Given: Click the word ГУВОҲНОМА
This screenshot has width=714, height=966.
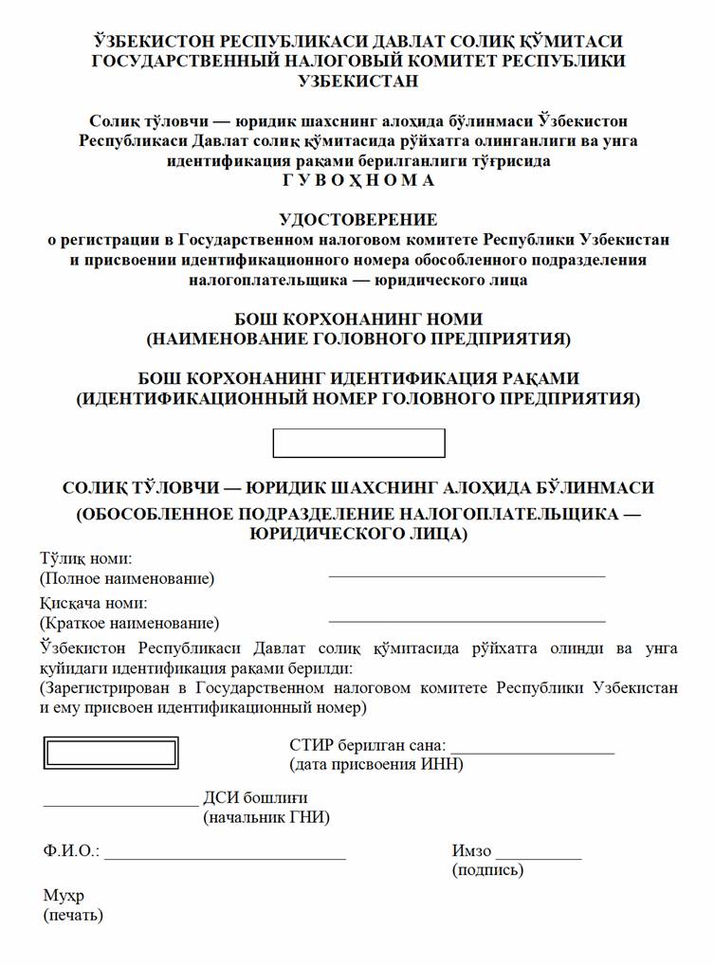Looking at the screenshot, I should (357, 180).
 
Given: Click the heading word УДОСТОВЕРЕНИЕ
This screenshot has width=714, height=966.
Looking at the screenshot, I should (358, 220).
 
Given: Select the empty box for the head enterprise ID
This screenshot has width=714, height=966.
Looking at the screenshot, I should (358, 443).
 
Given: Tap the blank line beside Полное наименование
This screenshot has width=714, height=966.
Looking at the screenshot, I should (467, 574).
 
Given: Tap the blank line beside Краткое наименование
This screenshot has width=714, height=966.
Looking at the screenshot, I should (467, 620).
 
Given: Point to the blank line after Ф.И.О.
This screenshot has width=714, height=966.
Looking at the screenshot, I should (225, 857).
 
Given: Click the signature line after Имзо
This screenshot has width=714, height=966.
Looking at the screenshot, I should (539, 857).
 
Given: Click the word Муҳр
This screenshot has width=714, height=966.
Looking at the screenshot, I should (64, 896).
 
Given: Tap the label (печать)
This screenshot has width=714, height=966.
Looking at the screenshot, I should (73, 916).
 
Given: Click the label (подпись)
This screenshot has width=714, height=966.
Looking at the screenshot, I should (487, 869).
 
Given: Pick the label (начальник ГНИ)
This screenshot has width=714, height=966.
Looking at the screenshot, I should (266, 817).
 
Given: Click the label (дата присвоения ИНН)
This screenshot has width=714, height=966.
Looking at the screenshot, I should (375, 764).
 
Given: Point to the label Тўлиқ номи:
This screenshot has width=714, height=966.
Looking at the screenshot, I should (86, 558).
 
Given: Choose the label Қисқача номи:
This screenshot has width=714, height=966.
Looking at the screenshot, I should (93, 603).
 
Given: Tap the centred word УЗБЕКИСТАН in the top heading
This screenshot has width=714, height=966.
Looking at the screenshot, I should (358, 82).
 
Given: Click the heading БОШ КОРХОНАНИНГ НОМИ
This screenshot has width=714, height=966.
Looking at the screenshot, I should (358, 319).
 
